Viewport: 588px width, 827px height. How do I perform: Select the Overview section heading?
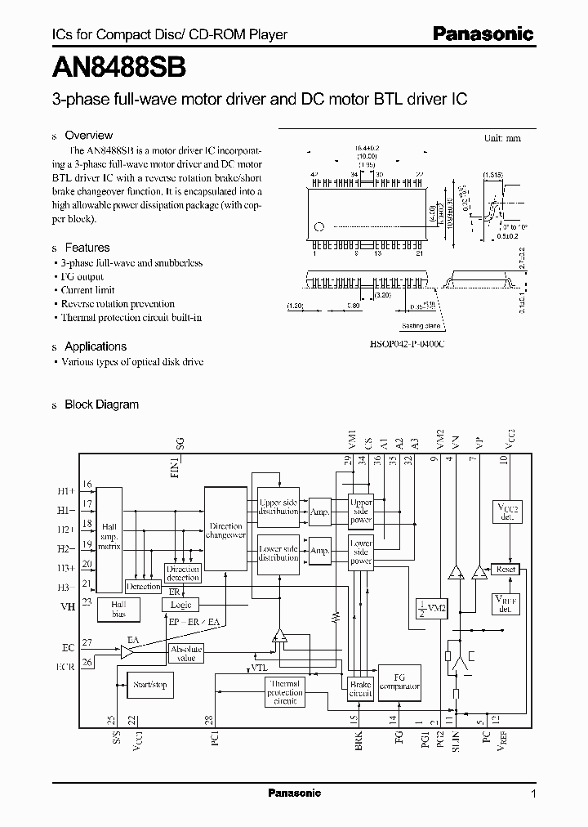pos(88,136)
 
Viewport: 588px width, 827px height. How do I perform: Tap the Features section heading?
pos(87,248)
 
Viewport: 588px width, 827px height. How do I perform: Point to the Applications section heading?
pos(96,346)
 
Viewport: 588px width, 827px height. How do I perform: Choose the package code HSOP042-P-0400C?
pos(407,344)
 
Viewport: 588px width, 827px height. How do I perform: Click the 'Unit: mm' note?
pos(501,138)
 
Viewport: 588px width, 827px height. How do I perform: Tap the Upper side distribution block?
pos(278,507)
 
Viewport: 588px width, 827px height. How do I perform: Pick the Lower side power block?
pos(360,552)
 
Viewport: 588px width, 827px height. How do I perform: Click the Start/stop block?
pos(149,685)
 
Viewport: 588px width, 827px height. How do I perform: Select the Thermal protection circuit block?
pos(285,692)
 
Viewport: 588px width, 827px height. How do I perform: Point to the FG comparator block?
pos(399,682)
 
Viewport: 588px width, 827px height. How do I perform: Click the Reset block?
pos(506,569)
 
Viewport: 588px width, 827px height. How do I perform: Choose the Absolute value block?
pos(186,653)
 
